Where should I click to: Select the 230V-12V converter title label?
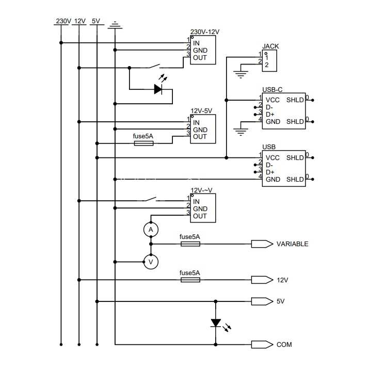pyautogui.click(x=205, y=32)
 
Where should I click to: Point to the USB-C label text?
pyautogui.click(x=272, y=90)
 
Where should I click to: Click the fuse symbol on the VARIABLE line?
pyautogui.click(x=190, y=244)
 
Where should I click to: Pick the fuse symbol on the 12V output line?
pyautogui.click(x=190, y=280)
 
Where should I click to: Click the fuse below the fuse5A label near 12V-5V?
pyautogui.click(x=143, y=143)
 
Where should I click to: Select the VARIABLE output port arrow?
pyautogui.click(x=262, y=244)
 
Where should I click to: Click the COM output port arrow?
pyautogui.click(x=262, y=345)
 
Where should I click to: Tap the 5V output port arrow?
pyautogui.click(x=262, y=301)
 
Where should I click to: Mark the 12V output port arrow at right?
pyautogui.click(x=262, y=280)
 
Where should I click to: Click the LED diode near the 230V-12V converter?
pyautogui.click(x=158, y=89)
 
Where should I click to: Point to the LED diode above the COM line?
pyautogui.click(x=216, y=323)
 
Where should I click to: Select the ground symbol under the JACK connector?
pyautogui.click(x=240, y=74)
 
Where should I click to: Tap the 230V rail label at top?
pyautogui.click(x=63, y=21)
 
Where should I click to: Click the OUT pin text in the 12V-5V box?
pyautogui.click(x=200, y=137)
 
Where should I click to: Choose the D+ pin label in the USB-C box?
pyautogui.click(x=270, y=115)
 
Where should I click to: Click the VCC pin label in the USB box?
pyautogui.click(x=272, y=158)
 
